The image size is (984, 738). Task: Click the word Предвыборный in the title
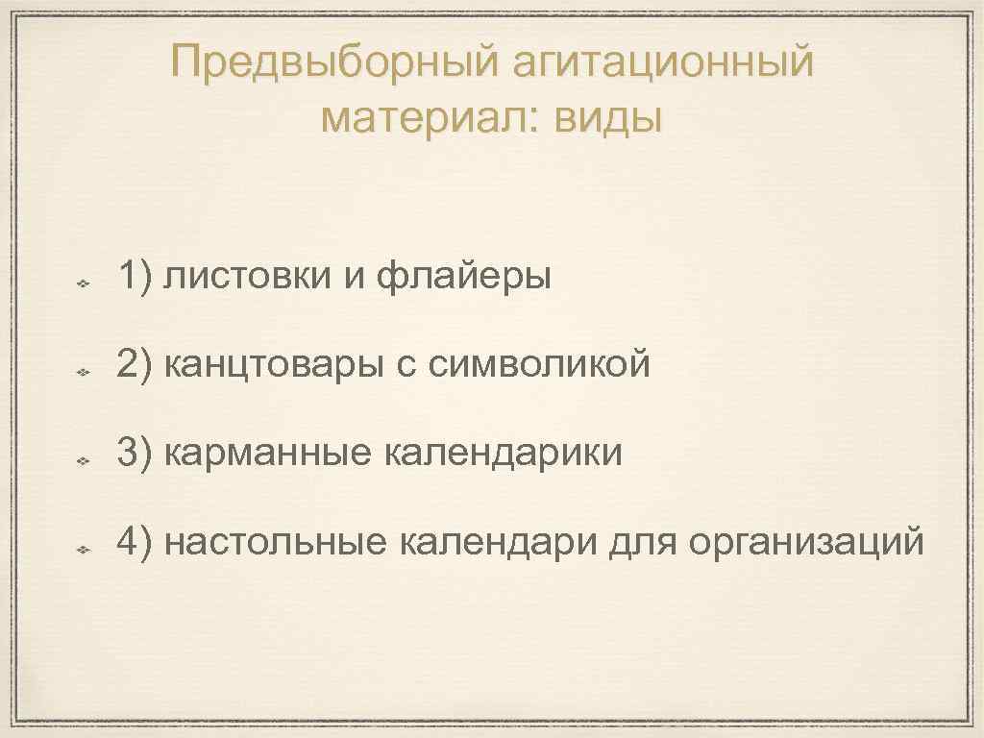(334, 64)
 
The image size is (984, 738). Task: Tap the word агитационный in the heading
(664, 64)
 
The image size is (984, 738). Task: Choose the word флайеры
(464, 278)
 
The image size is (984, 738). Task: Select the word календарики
(504, 453)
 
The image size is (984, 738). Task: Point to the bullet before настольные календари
(84, 550)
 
